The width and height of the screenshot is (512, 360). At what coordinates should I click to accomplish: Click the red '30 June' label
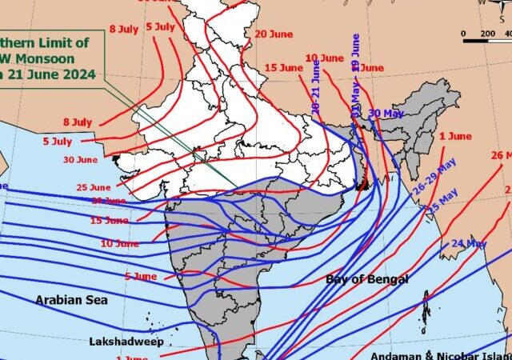pos(81,160)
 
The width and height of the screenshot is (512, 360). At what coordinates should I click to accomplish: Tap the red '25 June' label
pos(93,187)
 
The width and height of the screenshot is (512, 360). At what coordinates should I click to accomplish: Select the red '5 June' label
pos(141,276)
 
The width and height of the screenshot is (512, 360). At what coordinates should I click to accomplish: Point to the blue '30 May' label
pos(386,113)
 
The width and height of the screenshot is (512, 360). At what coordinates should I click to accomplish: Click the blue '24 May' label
pos(469,243)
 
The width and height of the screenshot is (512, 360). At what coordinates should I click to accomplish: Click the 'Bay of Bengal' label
pos(366,279)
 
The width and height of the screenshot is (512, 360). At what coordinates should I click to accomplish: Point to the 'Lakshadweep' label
pos(126,342)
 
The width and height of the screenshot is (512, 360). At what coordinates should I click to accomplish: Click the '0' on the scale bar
pos(464,34)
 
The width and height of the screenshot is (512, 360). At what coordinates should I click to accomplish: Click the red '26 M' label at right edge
pos(501,155)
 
